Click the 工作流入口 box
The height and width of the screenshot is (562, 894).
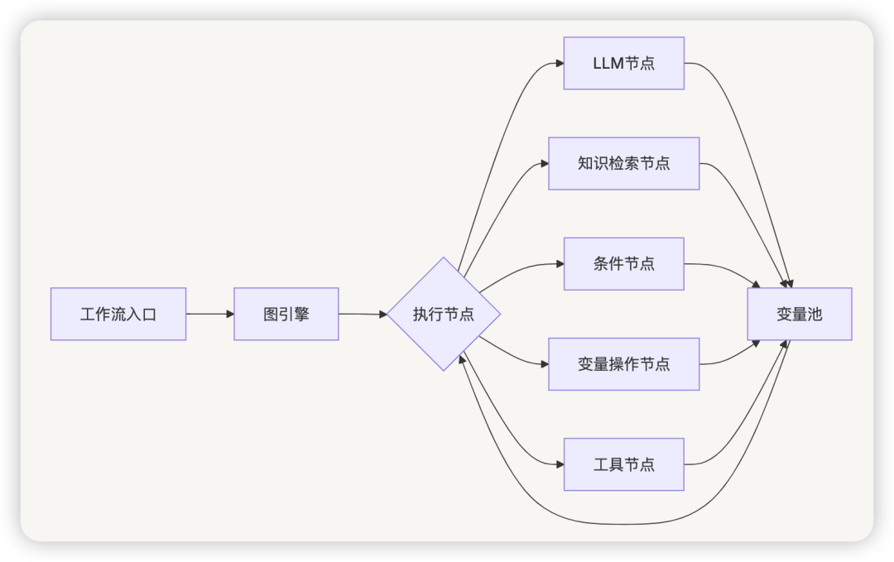click(118, 314)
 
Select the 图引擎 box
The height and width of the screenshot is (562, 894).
click(286, 314)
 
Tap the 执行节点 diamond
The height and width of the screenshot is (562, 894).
click(444, 314)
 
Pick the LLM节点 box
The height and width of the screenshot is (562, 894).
click(624, 63)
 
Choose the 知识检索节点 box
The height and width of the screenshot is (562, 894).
click(624, 164)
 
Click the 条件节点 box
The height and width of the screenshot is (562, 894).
click(624, 264)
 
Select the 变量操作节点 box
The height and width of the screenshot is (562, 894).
click(624, 364)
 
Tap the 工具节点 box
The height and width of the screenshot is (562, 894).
click(624, 464)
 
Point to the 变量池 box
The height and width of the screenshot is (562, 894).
click(800, 314)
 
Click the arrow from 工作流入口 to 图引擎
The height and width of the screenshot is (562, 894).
click(209, 314)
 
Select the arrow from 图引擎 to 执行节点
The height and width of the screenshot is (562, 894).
click(363, 314)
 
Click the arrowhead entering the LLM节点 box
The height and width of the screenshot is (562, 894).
click(560, 64)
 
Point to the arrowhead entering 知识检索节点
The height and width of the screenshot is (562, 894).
click(545, 164)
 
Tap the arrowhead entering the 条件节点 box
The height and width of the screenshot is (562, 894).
click(560, 264)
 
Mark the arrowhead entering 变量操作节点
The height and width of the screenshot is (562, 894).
click(545, 364)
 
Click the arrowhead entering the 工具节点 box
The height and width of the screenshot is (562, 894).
click(560, 464)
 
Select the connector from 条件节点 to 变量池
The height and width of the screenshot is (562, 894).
click(725, 268)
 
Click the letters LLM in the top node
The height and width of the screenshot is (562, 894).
click(608, 63)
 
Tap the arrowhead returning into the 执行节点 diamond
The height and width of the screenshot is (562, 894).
click(462, 359)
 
